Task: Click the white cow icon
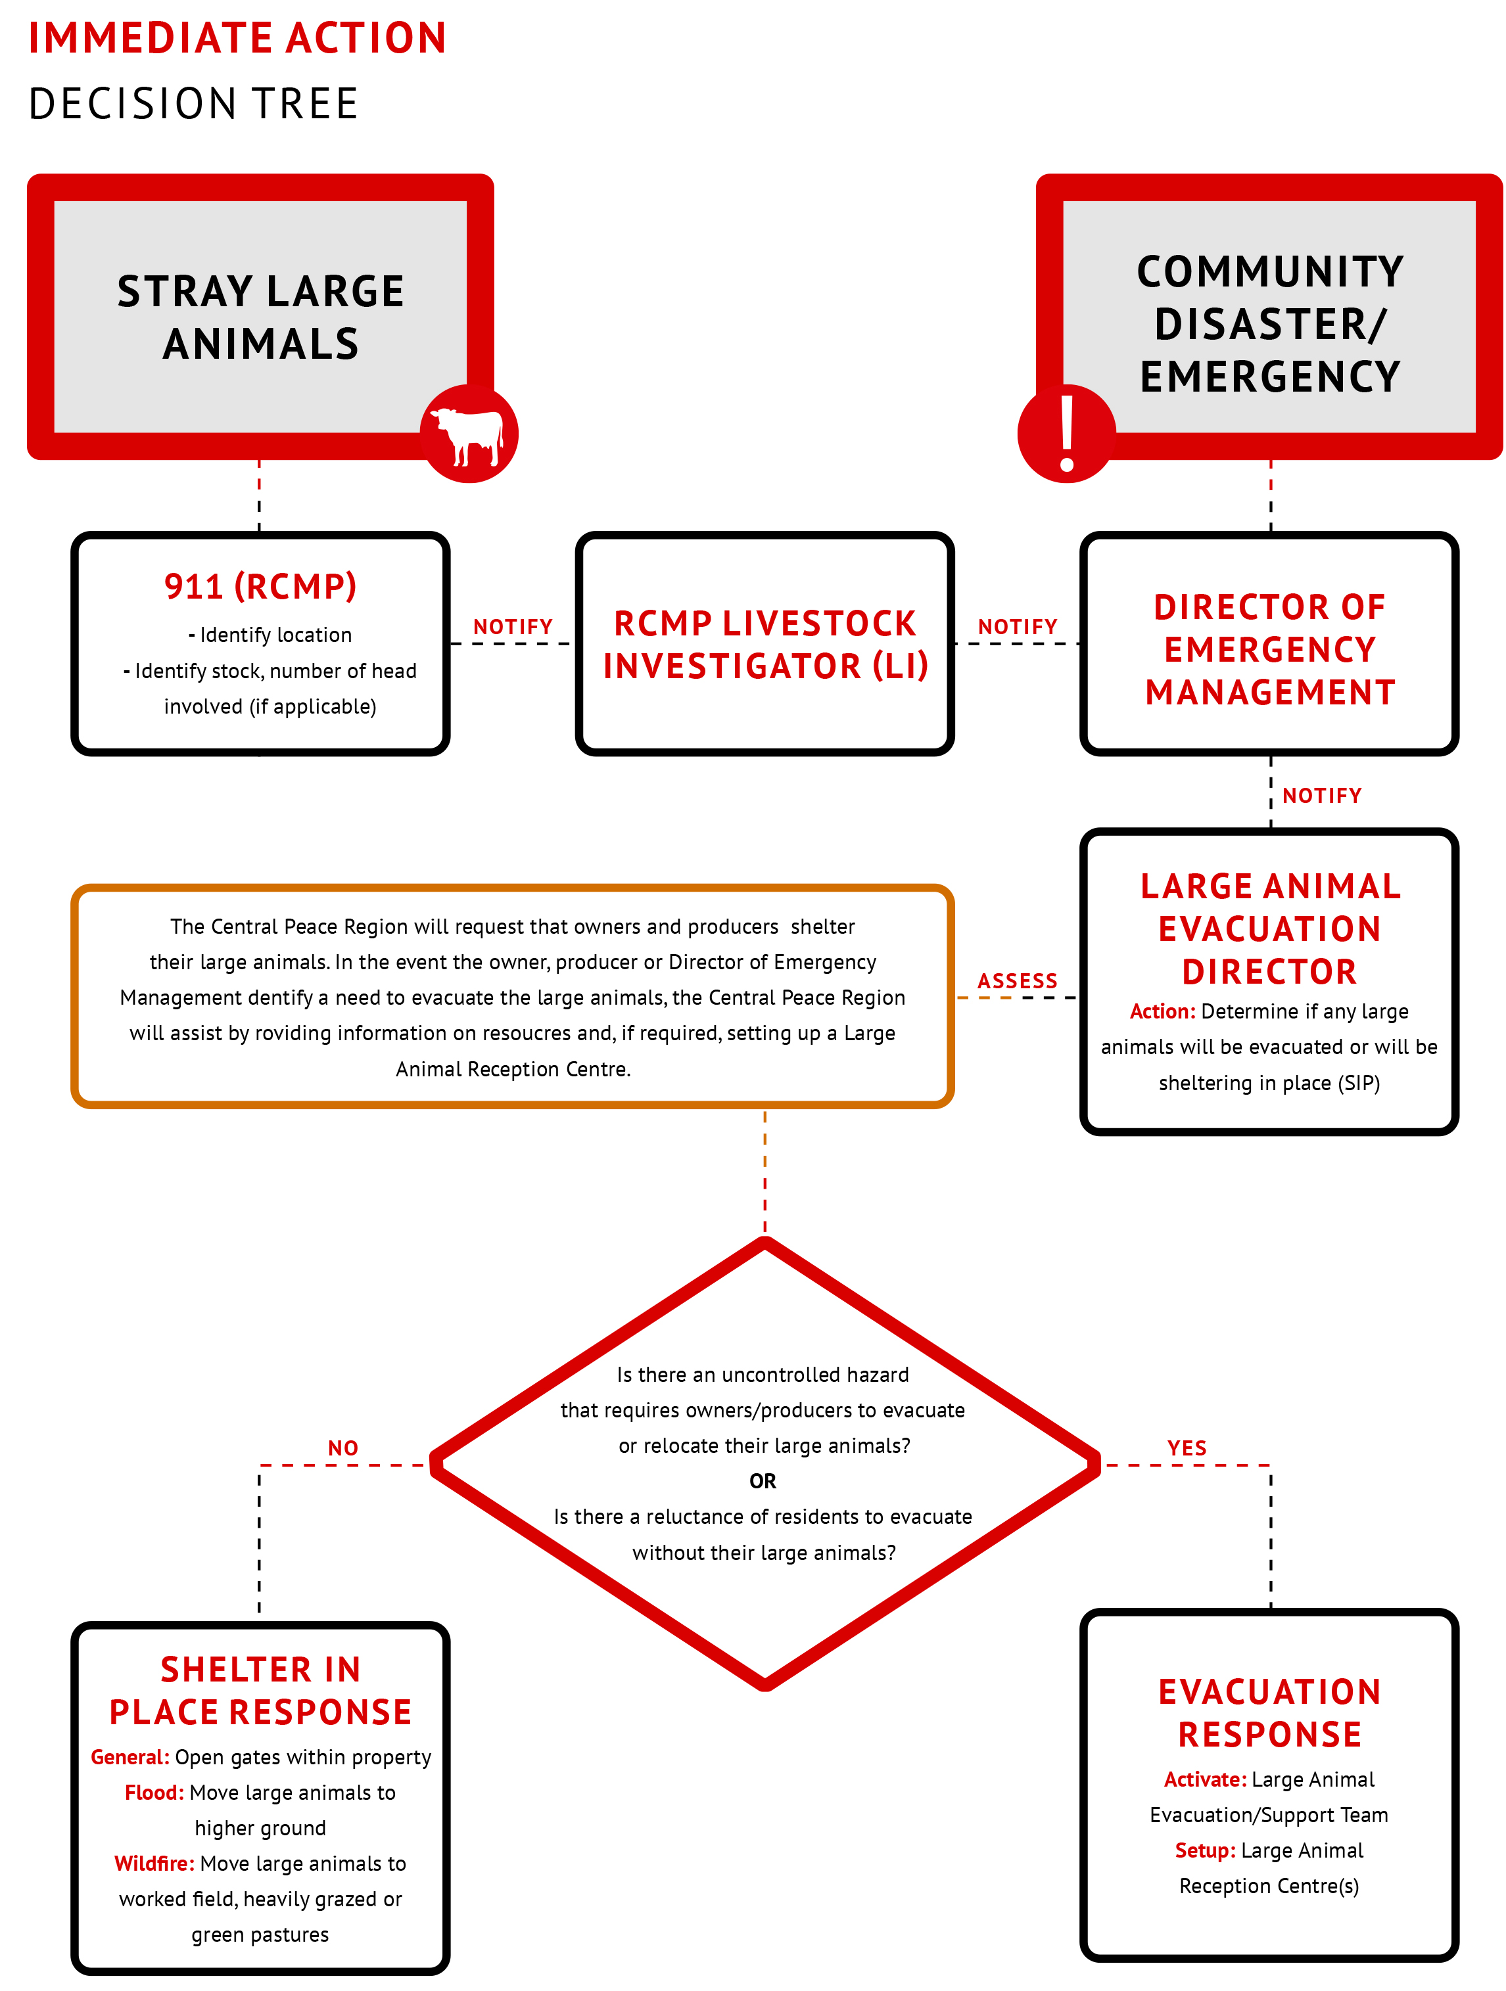[467, 436]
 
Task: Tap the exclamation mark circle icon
[1067, 433]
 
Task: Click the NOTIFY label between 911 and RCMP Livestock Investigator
[513, 626]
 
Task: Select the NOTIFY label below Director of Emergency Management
[1321, 796]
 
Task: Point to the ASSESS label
[1017, 981]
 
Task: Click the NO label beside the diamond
[343, 1448]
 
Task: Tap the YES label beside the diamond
[1187, 1448]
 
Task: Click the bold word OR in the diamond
[763, 1480]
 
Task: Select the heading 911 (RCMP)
[260, 587]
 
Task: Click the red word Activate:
[1206, 1779]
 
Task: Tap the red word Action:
[1163, 1012]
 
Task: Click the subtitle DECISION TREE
[193, 104]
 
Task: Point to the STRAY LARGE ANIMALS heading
[260, 318]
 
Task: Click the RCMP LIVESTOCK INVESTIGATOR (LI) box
[765, 643]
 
